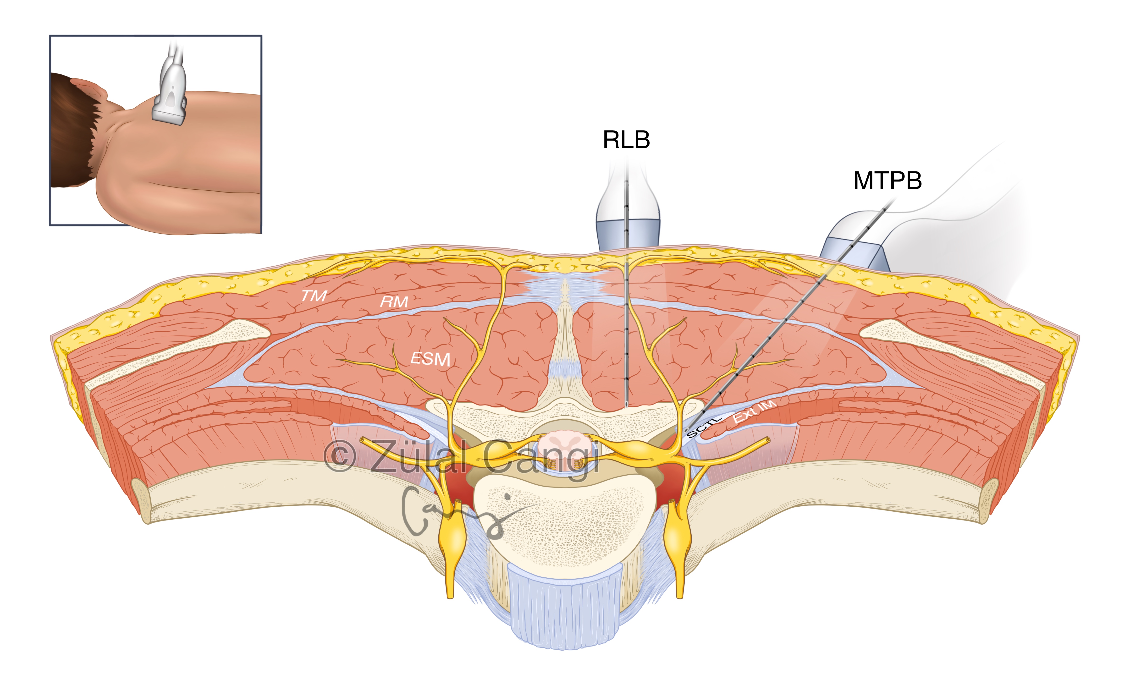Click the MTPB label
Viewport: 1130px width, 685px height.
[x=887, y=181]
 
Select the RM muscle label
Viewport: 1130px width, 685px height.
[x=394, y=302]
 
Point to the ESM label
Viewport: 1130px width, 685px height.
[x=430, y=359]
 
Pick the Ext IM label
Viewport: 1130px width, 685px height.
[x=754, y=411]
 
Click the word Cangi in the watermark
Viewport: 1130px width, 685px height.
[x=541, y=459]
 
